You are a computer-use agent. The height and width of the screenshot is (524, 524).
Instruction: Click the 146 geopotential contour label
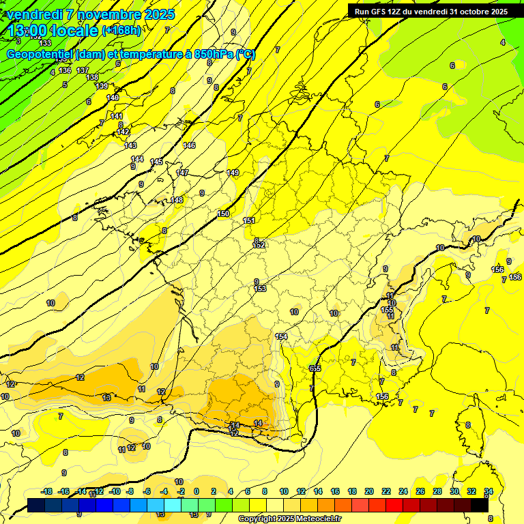pyautogui.click(x=189, y=146)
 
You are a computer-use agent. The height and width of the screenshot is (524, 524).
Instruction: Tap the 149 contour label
pyautogui.click(x=233, y=173)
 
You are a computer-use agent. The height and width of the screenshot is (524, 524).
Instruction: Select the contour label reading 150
pyautogui.click(x=223, y=214)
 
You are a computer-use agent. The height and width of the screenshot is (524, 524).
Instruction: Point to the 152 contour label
pyautogui.click(x=259, y=245)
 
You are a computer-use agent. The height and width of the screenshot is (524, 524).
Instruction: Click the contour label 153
pyautogui.click(x=260, y=289)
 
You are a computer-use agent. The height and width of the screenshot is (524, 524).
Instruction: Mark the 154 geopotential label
pyautogui.click(x=281, y=336)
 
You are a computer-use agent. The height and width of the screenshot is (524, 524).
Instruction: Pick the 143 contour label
pyautogui.click(x=130, y=146)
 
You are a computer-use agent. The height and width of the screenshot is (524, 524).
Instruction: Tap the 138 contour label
pyautogui.click(x=92, y=78)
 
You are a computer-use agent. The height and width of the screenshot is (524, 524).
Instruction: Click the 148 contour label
pyautogui.click(x=177, y=200)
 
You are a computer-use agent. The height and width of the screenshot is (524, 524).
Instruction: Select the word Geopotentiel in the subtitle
pyautogui.click(x=40, y=55)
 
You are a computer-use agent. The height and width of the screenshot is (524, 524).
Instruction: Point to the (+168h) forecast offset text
pyautogui.click(x=121, y=31)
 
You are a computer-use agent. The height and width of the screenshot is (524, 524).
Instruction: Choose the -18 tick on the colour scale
pyautogui.click(x=47, y=491)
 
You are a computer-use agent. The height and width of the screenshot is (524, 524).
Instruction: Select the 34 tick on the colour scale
pyautogui.click(x=489, y=491)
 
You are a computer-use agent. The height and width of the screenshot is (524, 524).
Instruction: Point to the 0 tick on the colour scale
pyautogui.click(x=196, y=491)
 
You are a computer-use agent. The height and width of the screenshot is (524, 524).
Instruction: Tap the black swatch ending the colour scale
pyautogui.click(x=480, y=506)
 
